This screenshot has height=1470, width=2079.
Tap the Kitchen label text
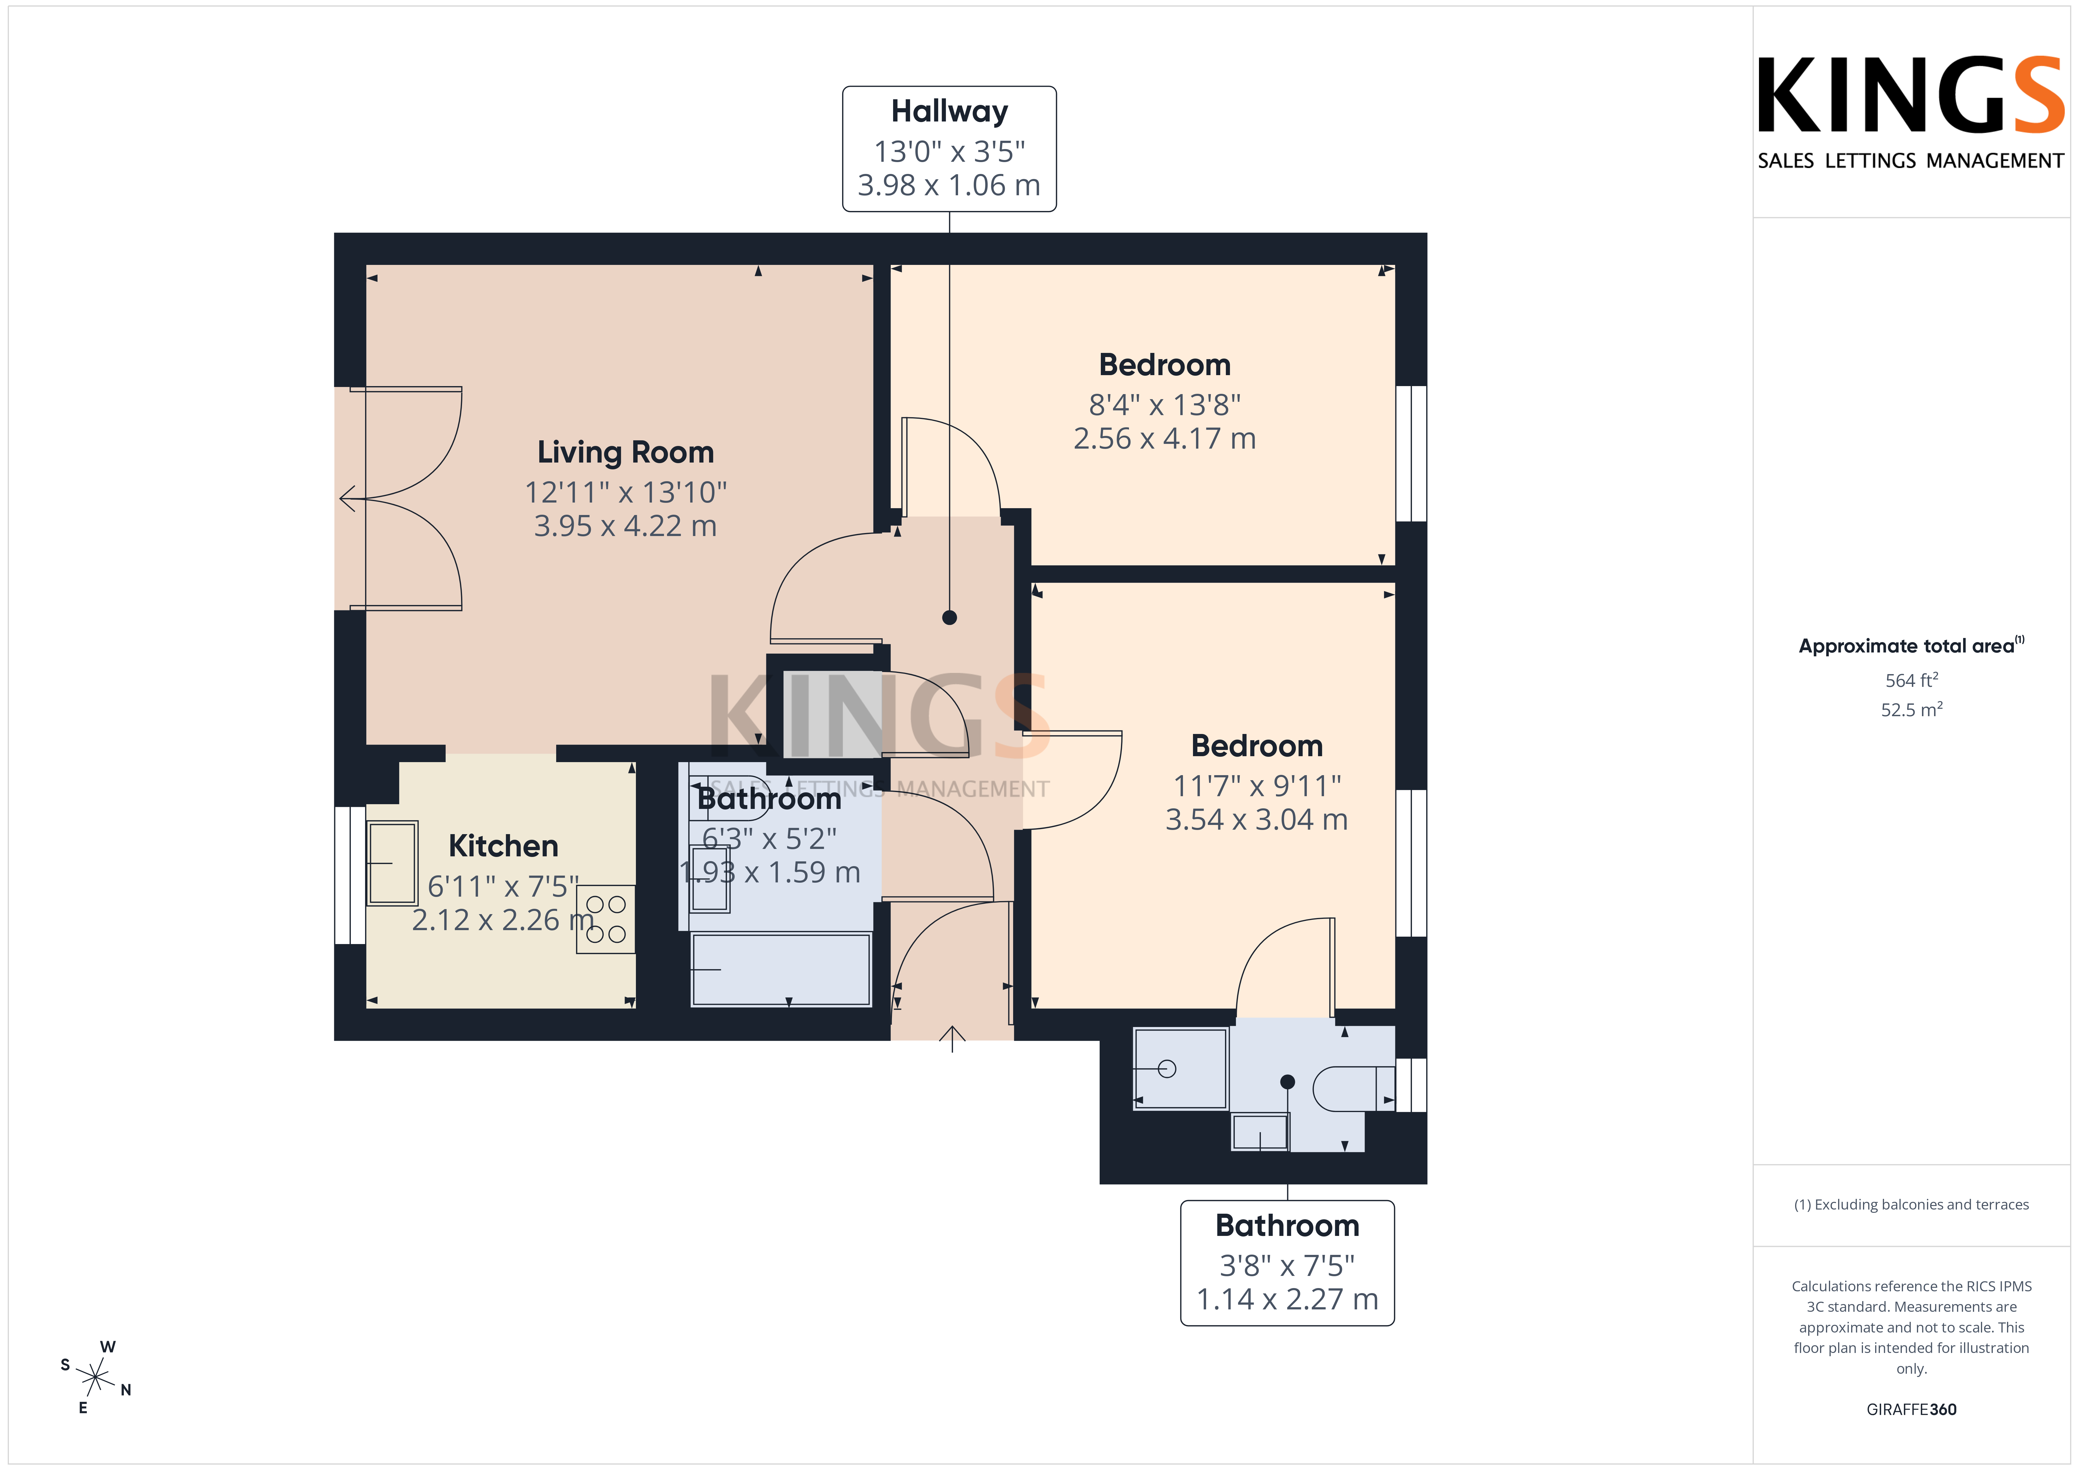click(x=503, y=846)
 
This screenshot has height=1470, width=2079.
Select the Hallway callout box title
click(x=949, y=111)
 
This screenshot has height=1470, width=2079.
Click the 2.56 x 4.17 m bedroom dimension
click(x=1165, y=438)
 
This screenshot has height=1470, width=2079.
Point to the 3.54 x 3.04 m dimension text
click(x=1256, y=820)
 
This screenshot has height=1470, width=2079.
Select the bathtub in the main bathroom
click(x=781, y=969)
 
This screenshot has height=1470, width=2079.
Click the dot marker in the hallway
click(x=949, y=618)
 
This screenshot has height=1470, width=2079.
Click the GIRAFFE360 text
click(x=1912, y=1409)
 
